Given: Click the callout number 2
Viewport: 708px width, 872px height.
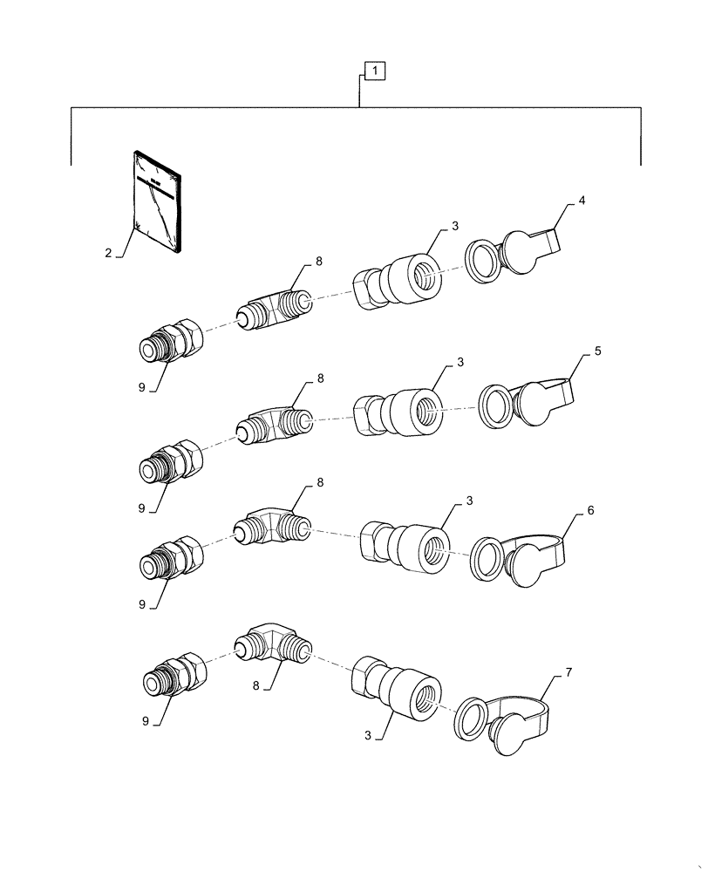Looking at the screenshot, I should tap(108, 253).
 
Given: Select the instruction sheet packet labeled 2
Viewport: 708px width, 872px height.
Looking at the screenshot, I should tap(158, 201).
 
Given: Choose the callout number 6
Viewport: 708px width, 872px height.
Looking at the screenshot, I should tap(590, 510).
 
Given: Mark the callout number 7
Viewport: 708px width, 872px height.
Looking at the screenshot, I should tap(568, 672).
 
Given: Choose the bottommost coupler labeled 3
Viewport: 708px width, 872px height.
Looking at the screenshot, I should tap(402, 689).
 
